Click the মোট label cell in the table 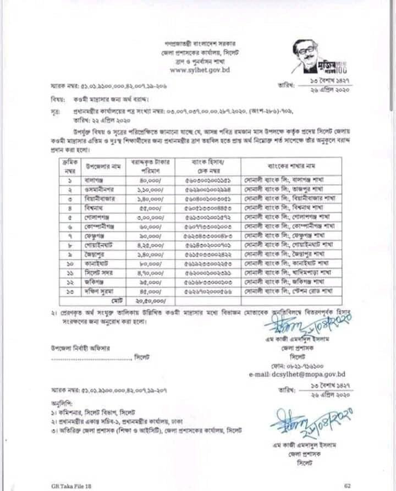coord(116,301)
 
